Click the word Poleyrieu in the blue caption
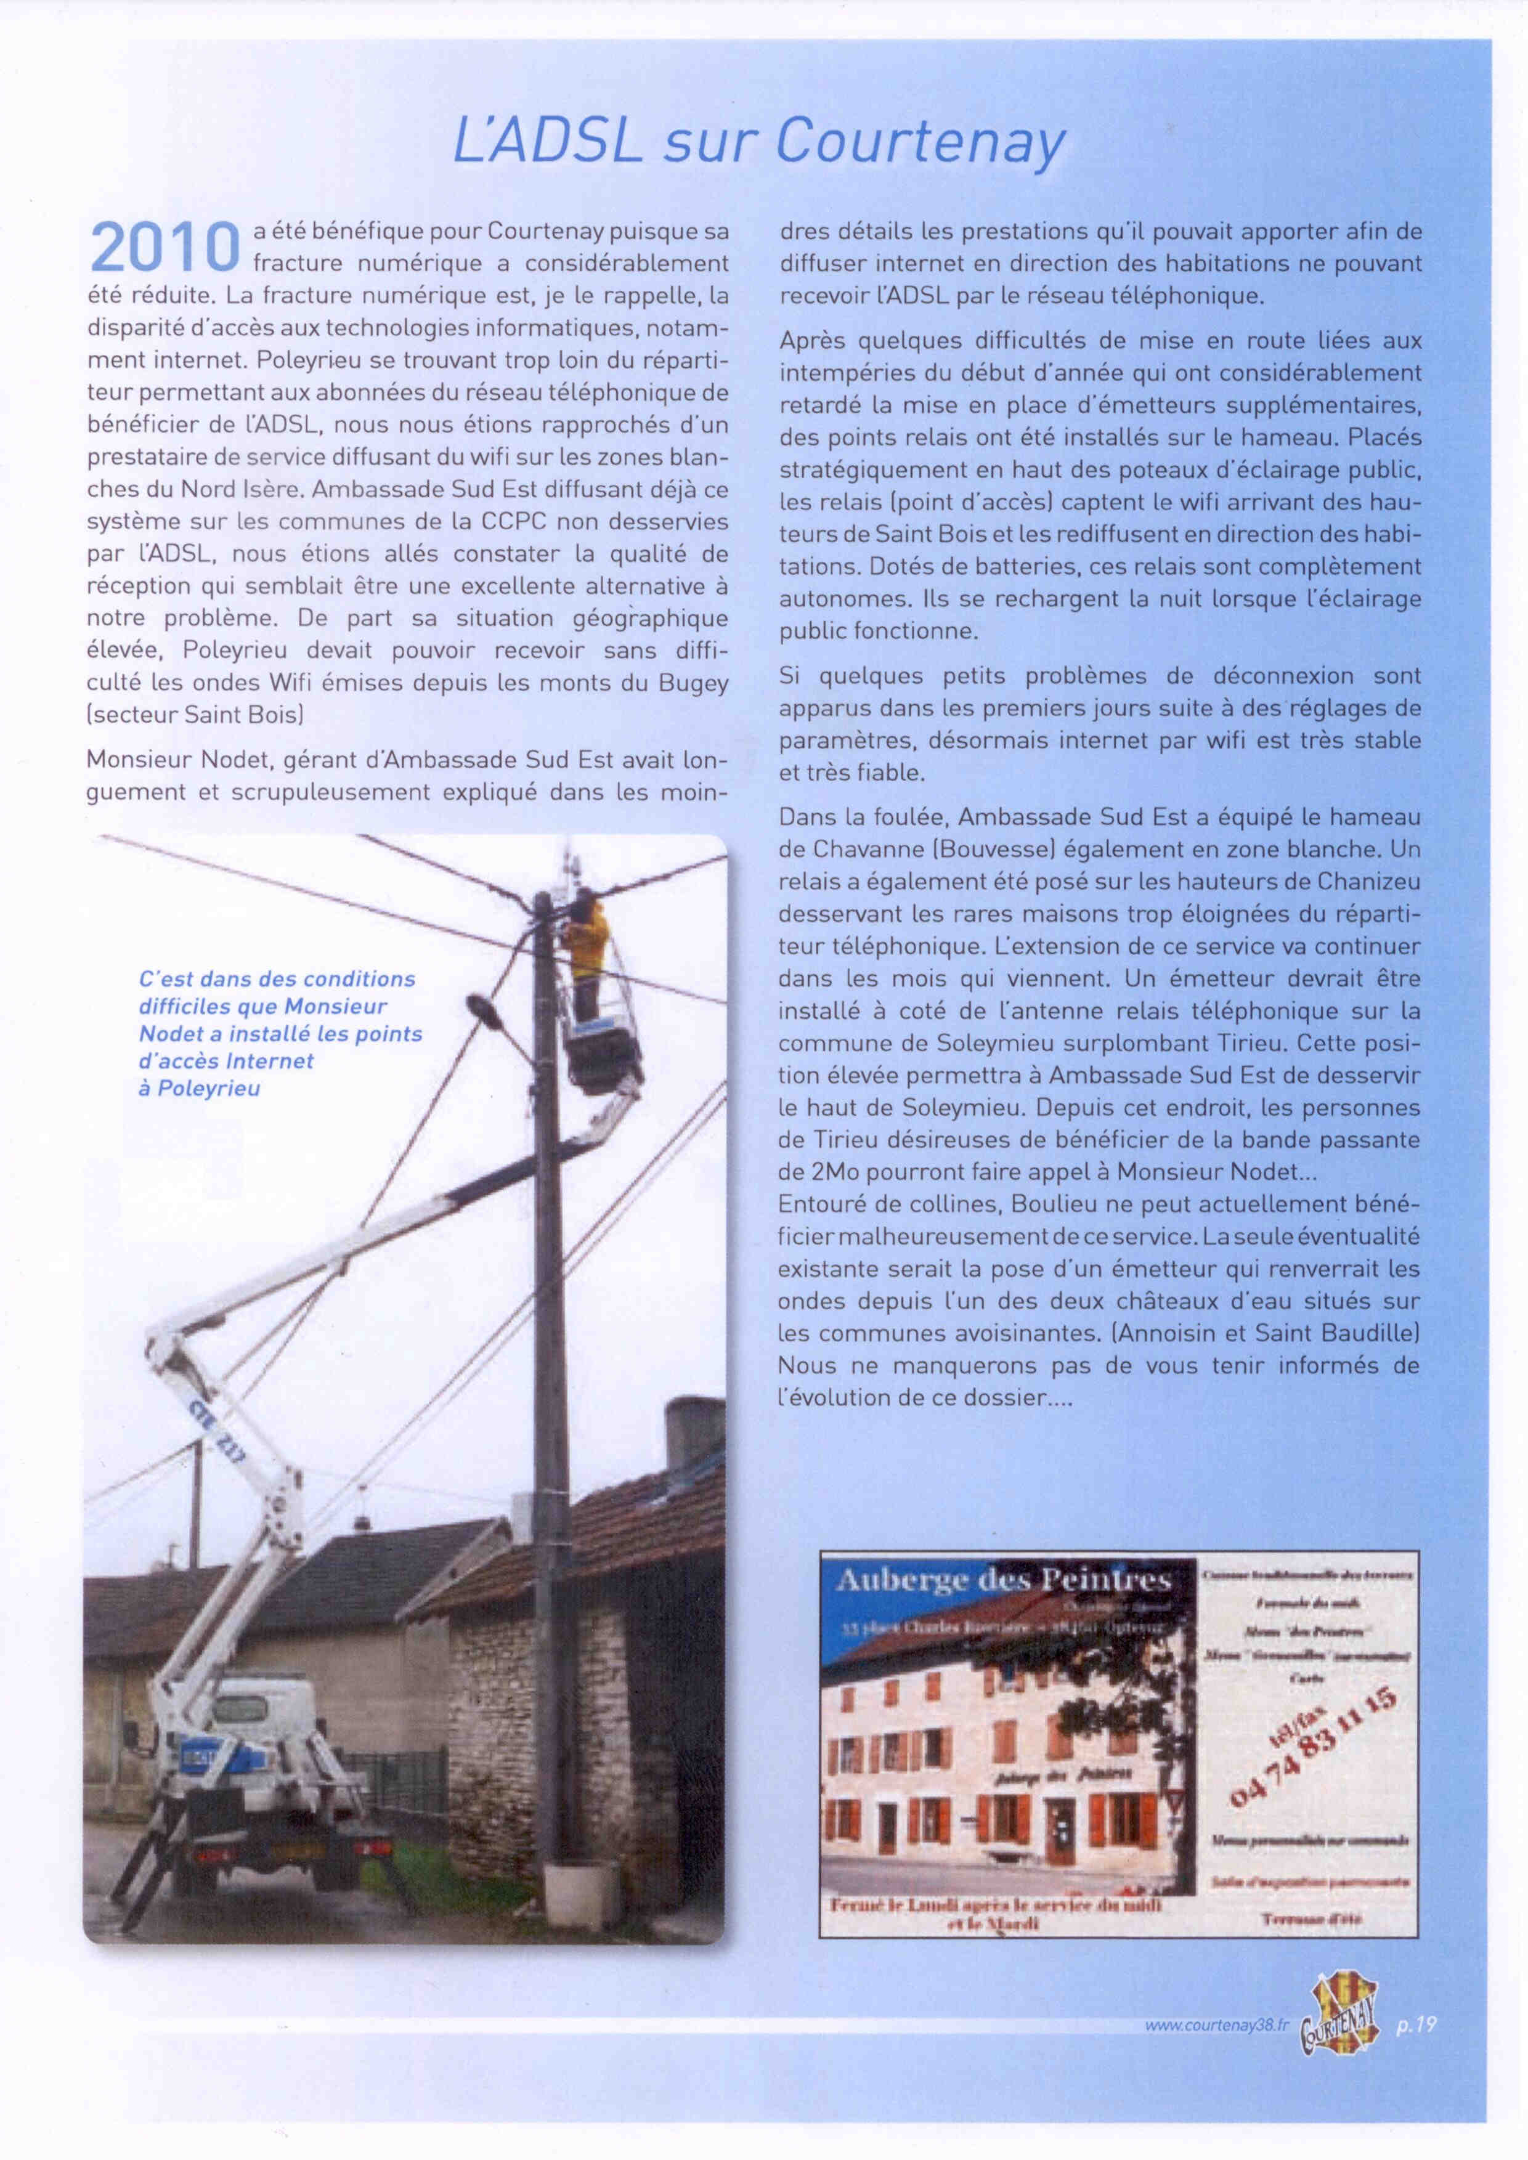point(209,1089)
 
